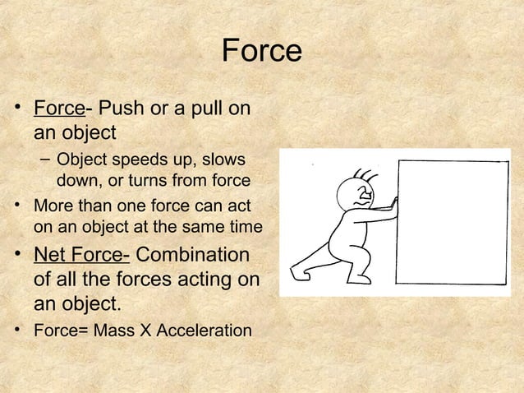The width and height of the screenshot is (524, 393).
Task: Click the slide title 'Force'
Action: pos(261,51)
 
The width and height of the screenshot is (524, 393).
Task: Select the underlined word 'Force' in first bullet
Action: pos(58,109)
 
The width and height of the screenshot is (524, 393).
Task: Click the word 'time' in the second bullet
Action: pos(244,226)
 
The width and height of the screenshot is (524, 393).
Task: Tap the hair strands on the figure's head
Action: pos(363,175)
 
